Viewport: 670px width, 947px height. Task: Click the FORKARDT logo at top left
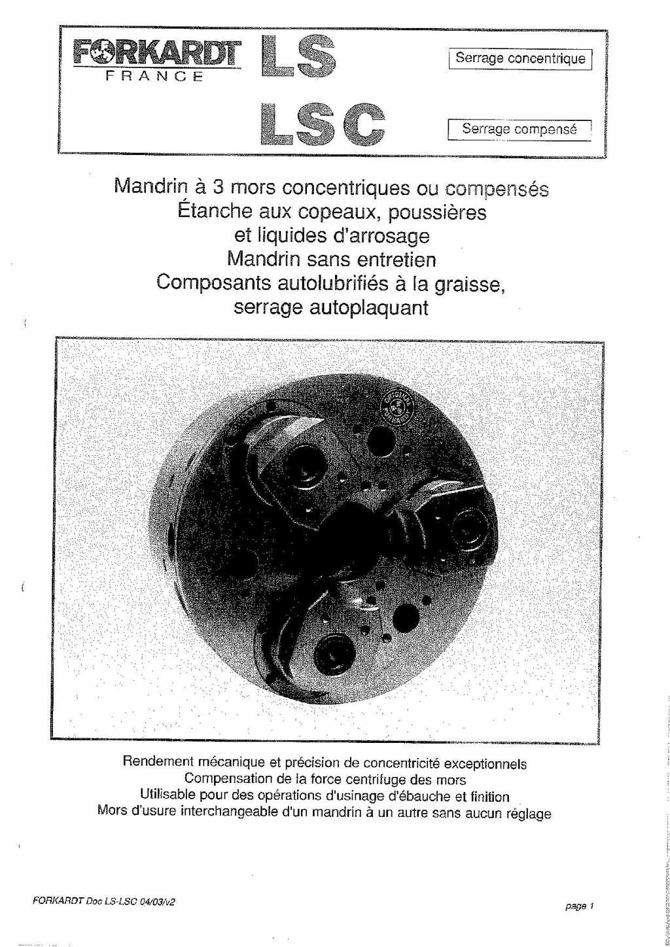pos(157,52)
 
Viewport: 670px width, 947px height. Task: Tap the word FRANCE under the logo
pos(156,76)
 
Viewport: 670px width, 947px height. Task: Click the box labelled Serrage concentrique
pos(520,59)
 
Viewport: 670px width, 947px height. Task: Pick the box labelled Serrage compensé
pos(520,129)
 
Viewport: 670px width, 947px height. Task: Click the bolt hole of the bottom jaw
pos(334,652)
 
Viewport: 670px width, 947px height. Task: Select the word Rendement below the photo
pos(158,762)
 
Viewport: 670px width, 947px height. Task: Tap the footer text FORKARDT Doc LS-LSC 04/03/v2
pos(104,901)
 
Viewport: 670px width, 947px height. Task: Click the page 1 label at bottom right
pos(579,906)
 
